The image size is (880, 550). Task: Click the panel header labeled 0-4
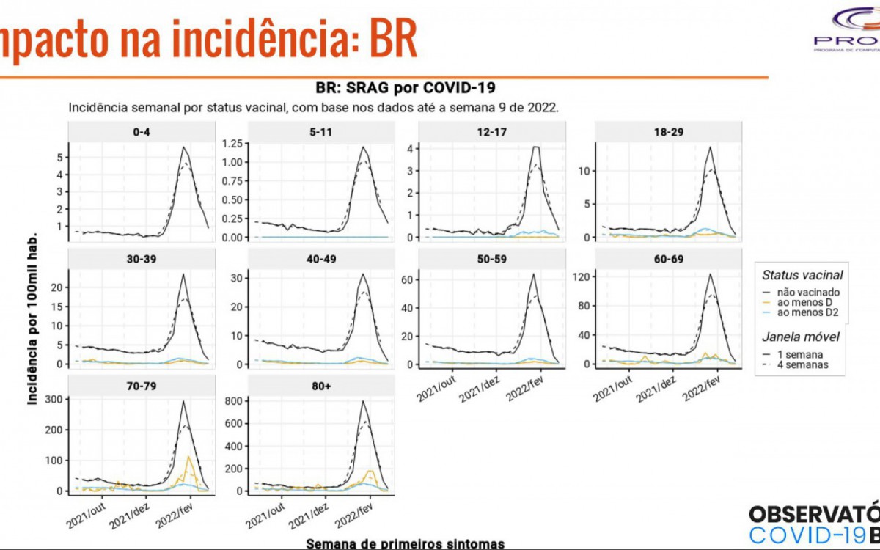[x=142, y=133]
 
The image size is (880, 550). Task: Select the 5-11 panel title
[x=320, y=133]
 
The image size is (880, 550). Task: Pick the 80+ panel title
[x=320, y=386]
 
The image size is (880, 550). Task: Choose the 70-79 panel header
[x=142, y=386]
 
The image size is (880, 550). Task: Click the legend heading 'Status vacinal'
[x=802, y=275]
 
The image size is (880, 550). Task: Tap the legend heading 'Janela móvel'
[x=801, y=337]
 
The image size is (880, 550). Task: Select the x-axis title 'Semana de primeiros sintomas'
[x=405, y=543]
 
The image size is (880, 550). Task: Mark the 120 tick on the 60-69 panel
[x=585, y=275]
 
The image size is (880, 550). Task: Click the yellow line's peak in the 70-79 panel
[x=189, y=457]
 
